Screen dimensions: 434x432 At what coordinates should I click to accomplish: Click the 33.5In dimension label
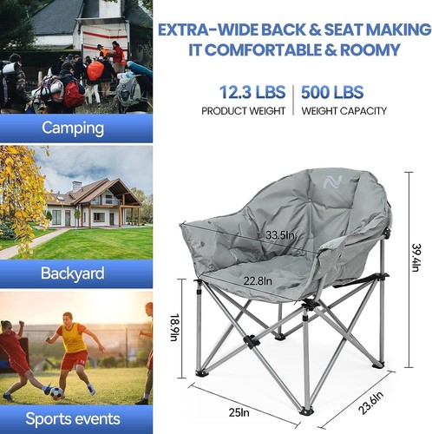(x=278, y=235)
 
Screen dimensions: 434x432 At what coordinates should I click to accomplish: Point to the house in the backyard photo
(x=95, y=205)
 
